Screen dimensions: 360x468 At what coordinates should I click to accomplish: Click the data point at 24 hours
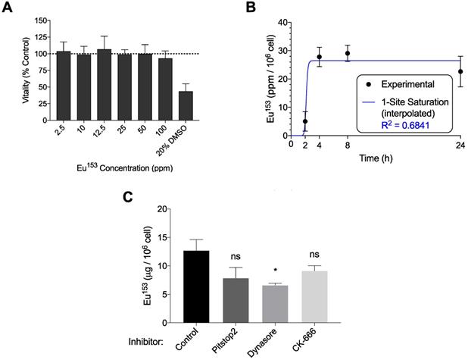pos(460,71)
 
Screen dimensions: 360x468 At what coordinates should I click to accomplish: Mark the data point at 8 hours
pos(348,53)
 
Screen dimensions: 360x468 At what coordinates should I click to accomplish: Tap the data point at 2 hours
pos(305,121)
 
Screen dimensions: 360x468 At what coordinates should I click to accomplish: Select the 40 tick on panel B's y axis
pos(281,23)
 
